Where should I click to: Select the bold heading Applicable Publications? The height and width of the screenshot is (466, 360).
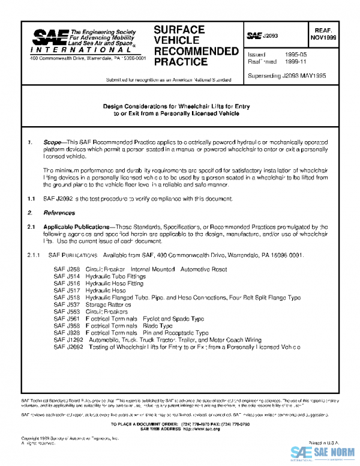73,227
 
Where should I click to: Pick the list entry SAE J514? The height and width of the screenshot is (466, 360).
66,277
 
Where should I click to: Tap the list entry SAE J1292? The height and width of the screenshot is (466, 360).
68,339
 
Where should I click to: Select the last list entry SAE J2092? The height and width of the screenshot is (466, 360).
68,346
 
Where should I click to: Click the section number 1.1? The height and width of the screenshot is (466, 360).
31,198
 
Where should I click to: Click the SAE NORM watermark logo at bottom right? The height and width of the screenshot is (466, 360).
323,453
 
